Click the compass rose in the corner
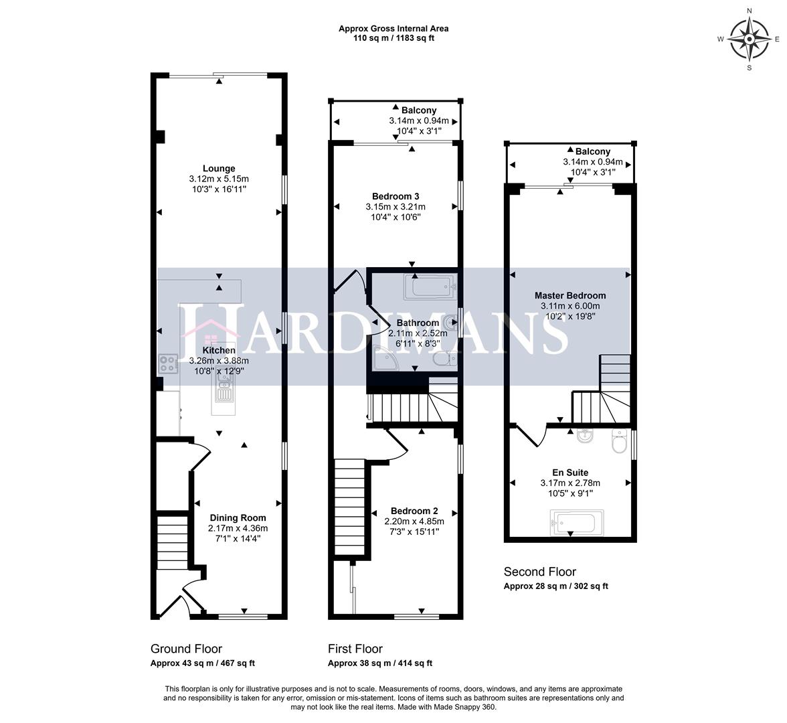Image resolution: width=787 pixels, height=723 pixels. click(749, 39)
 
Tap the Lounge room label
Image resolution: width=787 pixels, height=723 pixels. click(219, 169)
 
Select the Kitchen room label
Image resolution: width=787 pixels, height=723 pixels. click(219, 350)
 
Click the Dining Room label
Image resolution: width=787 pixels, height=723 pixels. click(238, 517)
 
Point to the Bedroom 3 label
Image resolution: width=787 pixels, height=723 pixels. click(396, 196)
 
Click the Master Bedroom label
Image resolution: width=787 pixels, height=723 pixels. click(570, 295)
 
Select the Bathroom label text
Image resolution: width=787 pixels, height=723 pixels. click(418, 323)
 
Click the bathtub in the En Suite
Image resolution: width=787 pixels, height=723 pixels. click(576, 521)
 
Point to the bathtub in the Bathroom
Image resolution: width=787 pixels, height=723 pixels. click(430, 290)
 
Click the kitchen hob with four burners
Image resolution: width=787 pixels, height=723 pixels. click(167, 365)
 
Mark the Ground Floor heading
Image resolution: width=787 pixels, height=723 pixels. click(186, 649)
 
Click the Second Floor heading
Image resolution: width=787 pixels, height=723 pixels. click(539, 572)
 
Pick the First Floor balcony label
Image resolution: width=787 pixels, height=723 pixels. click(419, 110)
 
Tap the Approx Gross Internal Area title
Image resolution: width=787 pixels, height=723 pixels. click(394, 29)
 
